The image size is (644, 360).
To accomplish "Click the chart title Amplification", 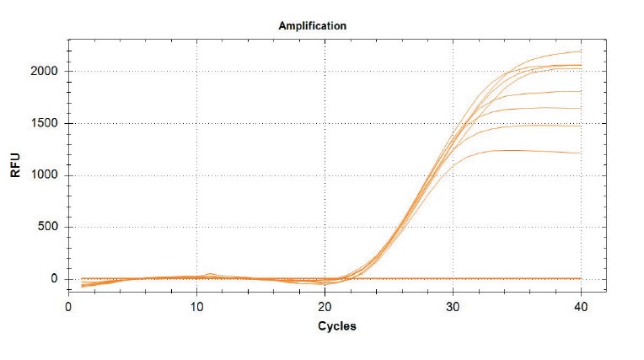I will coord(312,25).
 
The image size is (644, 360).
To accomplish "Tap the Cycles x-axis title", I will coord(336,326).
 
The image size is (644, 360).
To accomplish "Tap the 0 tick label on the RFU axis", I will coord(56,279).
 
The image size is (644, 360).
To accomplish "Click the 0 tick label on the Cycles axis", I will coord(68,306).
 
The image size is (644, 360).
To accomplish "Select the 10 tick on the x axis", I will coord(196,306).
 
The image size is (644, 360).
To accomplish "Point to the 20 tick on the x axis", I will coord(325,306).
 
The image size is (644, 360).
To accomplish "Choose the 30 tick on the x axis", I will coord(453,306).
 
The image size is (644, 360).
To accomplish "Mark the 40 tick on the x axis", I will coord(581,306).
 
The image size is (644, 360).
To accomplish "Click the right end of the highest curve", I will coord(581,51).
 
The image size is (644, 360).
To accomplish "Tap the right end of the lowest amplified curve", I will coord(581,153).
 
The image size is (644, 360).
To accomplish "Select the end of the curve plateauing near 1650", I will coord(581,108).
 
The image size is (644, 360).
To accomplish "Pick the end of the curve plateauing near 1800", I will coord(581,91).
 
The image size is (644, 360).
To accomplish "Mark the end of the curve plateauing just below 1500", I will coord(581,126).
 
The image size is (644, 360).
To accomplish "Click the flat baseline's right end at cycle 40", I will coord(581,278).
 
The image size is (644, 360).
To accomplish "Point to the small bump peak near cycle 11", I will coord(211,273).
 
